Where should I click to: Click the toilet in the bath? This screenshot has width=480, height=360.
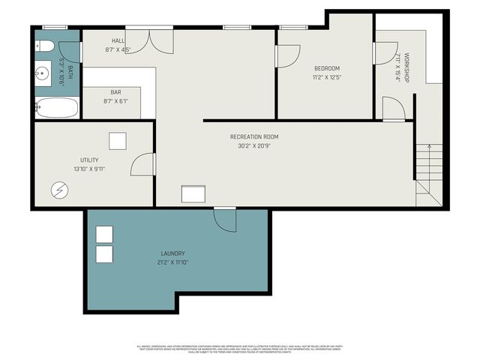pyautogui.click(x=44, y=46)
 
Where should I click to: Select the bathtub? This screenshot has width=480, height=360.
pyautogui.click(x=56, y=108)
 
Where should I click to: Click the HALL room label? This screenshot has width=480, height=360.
pyautogui.click(x=118, y=41)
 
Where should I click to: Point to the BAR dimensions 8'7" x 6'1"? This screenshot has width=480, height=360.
pyautogui.click(x=116, y=100)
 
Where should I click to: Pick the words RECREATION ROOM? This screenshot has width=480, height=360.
pyautogui.click(x=254, y=136)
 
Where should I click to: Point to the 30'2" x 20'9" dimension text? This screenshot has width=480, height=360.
pyautogui.click(x=254, y=146)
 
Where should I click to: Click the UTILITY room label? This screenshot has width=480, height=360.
pyautogui.click(x=89, y=160)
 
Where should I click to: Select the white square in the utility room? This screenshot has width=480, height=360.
pyautogui.click(x=118, y=142)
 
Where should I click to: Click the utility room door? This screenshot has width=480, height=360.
pyautogui.click(x=143, y=164)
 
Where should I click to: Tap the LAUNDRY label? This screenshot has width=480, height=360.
pyautogui.click(x=172, y=253)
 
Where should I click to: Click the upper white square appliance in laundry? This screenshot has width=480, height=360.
pyautogui.click(x=104, y=233)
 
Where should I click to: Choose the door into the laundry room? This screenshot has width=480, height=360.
pyautogui.click(x=225, y=219)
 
